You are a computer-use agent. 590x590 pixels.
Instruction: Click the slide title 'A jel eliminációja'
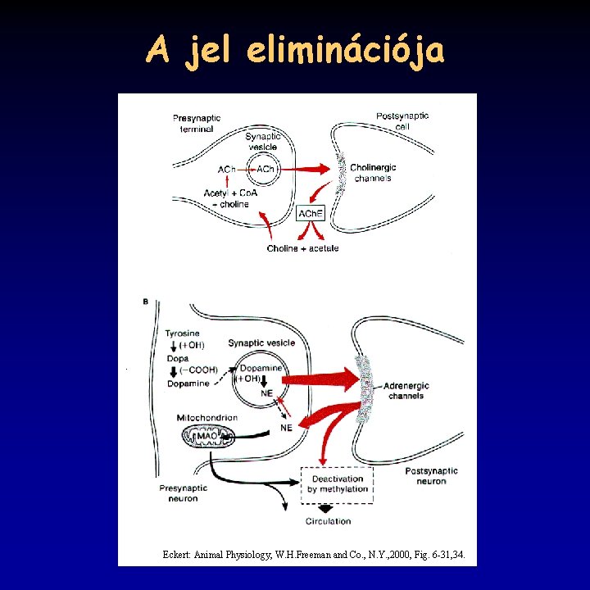pyautogui.click(x=295, y=51)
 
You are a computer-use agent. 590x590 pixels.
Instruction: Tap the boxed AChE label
pyautogui.click(x=311, y=214)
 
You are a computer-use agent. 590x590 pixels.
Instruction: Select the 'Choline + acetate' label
pyautogui.click(x=302, y=248)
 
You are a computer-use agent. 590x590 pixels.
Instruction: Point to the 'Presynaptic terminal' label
pyautogui.click(x=197, y=124)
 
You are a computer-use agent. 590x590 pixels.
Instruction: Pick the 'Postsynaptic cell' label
pyautogui.click(x=402, y=121)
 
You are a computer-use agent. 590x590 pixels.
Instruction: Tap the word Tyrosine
pyautogui.click(x=182, y=334)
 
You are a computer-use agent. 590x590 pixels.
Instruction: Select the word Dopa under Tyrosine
pyautogui.click(x=177, y=358)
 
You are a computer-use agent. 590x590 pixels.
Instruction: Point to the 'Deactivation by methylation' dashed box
pyautogui.click(x=337, y=483)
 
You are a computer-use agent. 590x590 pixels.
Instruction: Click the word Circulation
pyautogui.click(x=328, y=521)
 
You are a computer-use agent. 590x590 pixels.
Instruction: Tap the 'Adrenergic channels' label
pyautogui.click(x=406, y=391)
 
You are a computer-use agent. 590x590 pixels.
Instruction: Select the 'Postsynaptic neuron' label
pyautogui.click(x=431, y=476)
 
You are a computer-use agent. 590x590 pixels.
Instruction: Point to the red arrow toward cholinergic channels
pyautogui.click(x=309, y=169)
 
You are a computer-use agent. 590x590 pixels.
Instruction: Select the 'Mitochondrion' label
pyautogui.click(x=207, y=418)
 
